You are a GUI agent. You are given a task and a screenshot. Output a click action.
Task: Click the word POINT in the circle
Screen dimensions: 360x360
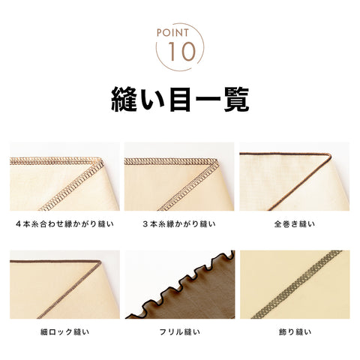click(172, 33)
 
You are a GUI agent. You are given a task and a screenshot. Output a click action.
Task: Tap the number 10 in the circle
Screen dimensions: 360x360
click(181, 52)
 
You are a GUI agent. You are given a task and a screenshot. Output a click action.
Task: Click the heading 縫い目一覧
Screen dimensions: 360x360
click(180, 99)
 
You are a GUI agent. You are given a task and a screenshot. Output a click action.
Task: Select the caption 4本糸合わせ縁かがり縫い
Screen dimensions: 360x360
click(64, 223)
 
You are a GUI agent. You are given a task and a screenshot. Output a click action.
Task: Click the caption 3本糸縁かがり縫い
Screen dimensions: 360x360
click(179, 223)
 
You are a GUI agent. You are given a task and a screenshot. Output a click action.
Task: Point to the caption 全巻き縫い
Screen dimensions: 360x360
click(295, 223)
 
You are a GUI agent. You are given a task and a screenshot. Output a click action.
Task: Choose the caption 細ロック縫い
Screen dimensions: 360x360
click(64, 332)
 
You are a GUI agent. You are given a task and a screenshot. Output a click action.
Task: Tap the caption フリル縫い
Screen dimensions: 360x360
click(180, 332)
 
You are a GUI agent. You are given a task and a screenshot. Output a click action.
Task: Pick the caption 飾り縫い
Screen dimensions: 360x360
click(295, 332)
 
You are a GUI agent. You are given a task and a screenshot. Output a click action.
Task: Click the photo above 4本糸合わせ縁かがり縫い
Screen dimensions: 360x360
click(64, 176)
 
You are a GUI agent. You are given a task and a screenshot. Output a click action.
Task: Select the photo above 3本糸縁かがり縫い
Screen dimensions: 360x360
click(179, 176)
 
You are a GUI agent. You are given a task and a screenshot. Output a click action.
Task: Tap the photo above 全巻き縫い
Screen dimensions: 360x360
click(295, 176)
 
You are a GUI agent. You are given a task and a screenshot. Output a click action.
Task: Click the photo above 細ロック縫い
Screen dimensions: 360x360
click(64, 284)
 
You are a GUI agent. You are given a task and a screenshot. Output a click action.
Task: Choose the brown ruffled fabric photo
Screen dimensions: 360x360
click(180, 284)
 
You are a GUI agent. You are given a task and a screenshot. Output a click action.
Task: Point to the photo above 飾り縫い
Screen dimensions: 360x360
click(295, 284)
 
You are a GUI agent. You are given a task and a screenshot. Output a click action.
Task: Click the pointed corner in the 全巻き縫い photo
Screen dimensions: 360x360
click(330, 156)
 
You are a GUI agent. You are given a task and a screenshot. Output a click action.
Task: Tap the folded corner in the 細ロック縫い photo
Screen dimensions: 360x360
click(100, 262)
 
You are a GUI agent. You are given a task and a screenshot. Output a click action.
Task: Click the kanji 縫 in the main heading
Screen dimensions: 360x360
click(124, 99)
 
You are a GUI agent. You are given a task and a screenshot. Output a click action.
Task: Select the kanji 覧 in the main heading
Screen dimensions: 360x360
click(236, 99)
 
